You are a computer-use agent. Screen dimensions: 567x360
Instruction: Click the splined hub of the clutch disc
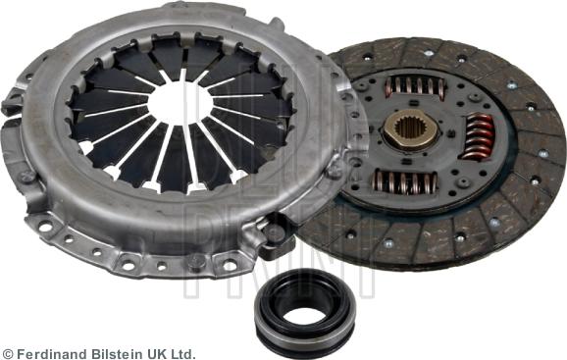pos(410,130)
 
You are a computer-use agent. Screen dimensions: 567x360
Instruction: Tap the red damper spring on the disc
pos(478,137)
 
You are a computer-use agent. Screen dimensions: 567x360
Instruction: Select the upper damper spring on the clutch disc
pos(416,86)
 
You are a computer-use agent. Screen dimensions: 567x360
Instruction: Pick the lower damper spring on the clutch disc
pos(405,180)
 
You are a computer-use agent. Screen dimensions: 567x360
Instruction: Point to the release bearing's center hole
pos(304,317)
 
